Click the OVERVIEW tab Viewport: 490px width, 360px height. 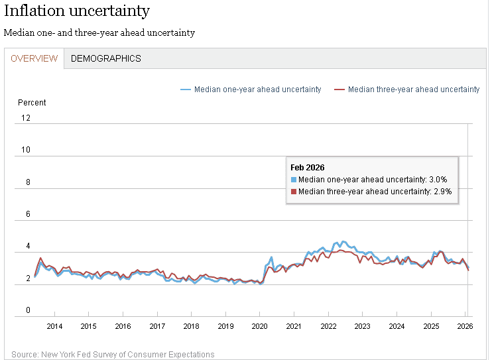click(34, 58)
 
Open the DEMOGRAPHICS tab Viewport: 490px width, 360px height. click(106, 58)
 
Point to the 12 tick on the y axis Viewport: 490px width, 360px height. click(26, 118)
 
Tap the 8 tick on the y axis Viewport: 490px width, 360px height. click(28, 182)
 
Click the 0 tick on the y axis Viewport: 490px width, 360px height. click(28, 310)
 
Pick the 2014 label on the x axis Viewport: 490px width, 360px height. click(54, 326)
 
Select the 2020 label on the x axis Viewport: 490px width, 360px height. click(259, 326)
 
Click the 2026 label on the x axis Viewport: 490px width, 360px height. click(465, 326)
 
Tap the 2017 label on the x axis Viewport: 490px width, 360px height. click(157, 326)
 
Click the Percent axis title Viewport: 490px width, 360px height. click(32, 103)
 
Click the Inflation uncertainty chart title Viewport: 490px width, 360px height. click(77, 11)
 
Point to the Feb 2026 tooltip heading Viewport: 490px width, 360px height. click(308, 167)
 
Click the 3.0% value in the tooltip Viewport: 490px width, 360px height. click(438, 180)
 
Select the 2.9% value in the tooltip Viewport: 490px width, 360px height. click(442, 192)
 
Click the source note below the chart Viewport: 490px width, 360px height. click(113, 355)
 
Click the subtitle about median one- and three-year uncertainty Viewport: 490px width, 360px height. click(99, 32)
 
